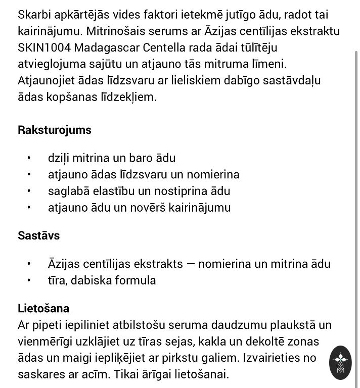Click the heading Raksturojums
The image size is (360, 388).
click(x=55, y=130)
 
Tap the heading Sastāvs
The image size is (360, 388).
click(x=39, y=235)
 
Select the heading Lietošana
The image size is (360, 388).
click(x=43, y=308)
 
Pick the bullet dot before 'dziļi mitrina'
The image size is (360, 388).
click(x=30, y=158)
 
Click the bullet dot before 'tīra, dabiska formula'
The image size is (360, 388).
click(x=30, y=280)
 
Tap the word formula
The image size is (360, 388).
click(x=134, y=280)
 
